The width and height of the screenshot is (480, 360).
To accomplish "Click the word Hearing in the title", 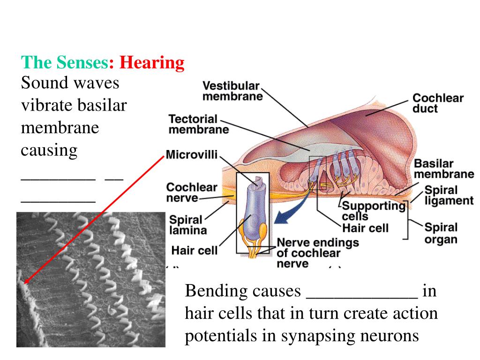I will pyautogui.click(x=152, y=63).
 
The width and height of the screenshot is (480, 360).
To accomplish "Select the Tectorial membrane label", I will pyautogui.click(x=199, y=124).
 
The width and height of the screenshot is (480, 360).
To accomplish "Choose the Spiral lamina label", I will pyautogui.click(x=187, y=225).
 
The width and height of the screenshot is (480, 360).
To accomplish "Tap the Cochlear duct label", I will pyautogui.click(x=437, y=104).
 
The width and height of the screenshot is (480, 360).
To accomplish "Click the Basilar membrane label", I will pyautogui.click(x=443, y=169).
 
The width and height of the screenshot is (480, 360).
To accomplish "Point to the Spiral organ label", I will pyautogui.click(x=440, y=233).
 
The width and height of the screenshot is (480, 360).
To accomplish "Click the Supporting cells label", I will pyautogui.click(x=373, y=210).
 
